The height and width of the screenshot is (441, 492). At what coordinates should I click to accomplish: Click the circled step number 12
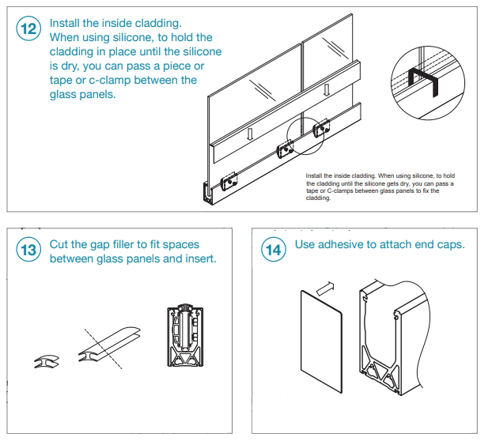point(28,30)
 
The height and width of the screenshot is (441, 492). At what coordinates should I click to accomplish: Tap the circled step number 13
point(28,251)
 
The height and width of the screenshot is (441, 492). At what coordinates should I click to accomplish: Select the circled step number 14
point(272,251)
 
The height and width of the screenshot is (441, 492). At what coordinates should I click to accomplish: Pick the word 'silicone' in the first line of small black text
point(410,175)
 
